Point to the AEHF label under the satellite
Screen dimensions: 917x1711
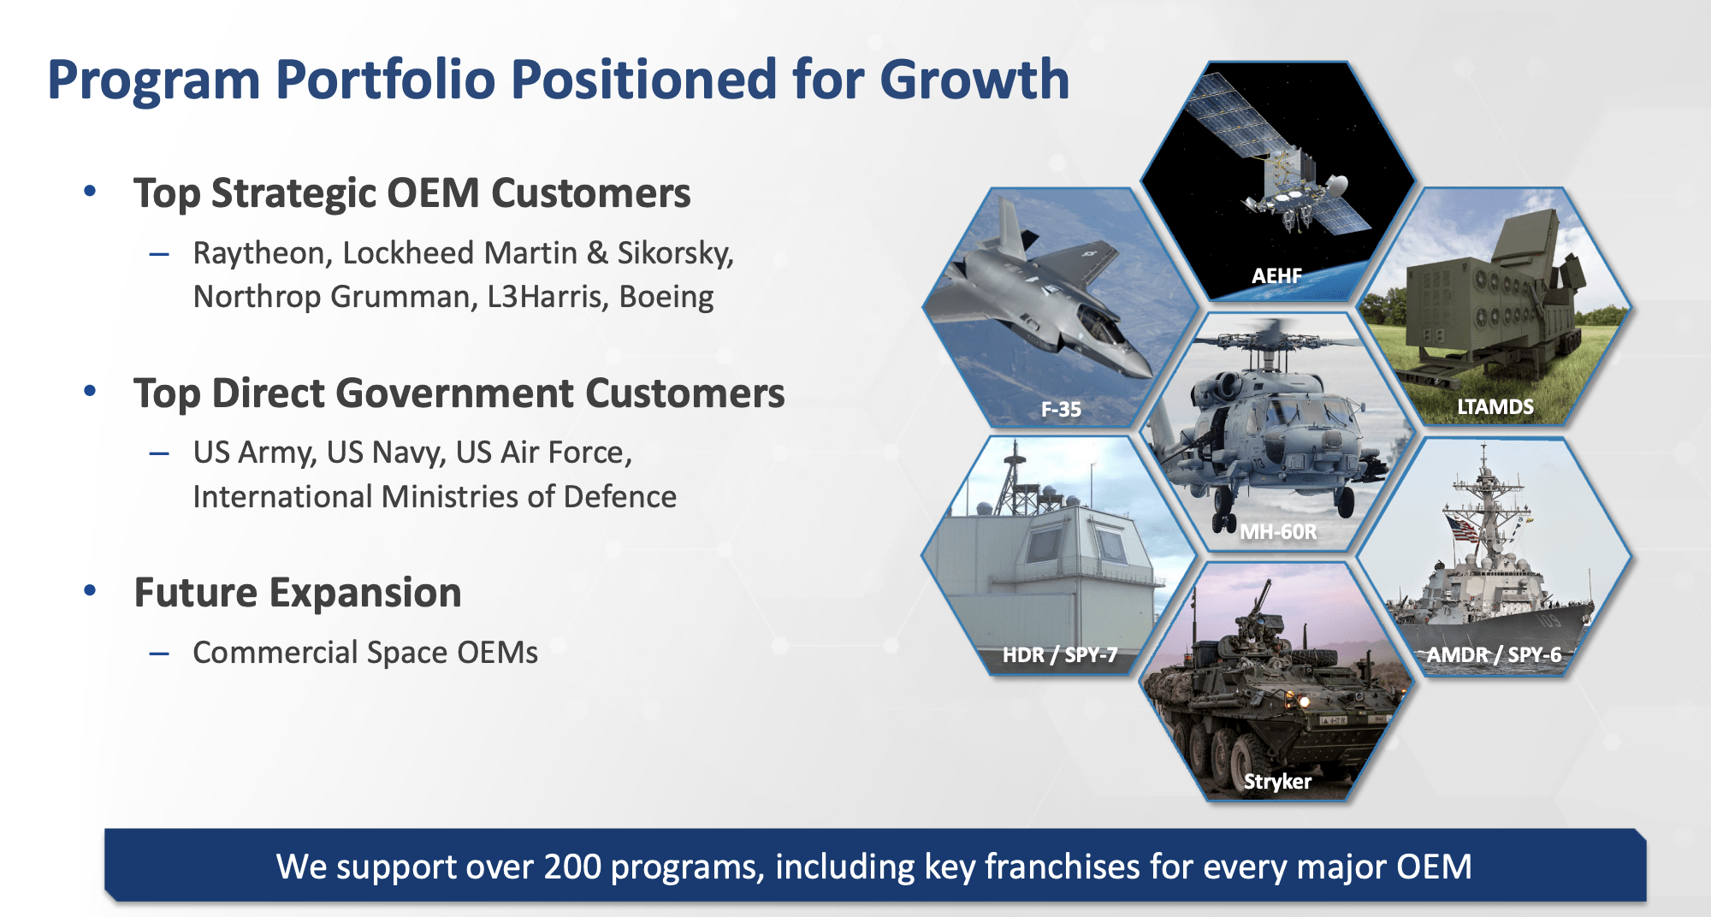[x=1276, y=275]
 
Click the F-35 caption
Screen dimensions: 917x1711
[x=1061, y=410]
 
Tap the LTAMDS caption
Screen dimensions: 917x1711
[x=1495, y=406]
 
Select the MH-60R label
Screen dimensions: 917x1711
[x=1278, y=532]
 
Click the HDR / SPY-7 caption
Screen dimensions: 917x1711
[x=1060, y=655]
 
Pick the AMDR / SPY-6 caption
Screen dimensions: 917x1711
[x=1494, y=655]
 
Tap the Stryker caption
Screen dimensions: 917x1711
[x=1277, y=781]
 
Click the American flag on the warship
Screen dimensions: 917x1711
[x=1462, y=527]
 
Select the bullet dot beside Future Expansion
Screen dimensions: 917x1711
[x=90, y=591]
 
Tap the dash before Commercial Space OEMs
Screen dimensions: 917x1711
[x=159, y=654]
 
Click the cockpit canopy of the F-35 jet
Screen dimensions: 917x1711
[x=1099, y=323]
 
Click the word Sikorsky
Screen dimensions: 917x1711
[x=675, y=253]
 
